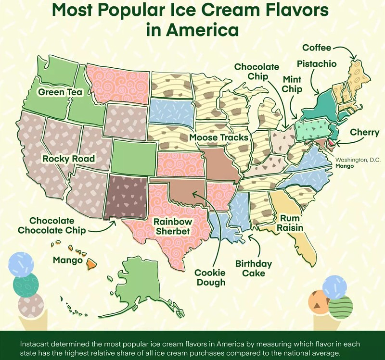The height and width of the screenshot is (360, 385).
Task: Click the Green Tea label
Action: pyautogui.click(x=59, y=92)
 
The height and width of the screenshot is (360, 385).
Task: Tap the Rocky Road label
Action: pyautogui.click(x=68, y=159)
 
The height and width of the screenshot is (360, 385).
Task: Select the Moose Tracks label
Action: pyautogui.click(x=219, y=138)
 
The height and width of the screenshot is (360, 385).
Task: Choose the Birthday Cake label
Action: pyautogui.click(x=254, y=269)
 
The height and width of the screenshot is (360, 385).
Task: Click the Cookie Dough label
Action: pyautogui.click(x=210, y=277)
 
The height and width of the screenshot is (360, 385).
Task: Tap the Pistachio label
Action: pyautogui.click(x=316, y=63)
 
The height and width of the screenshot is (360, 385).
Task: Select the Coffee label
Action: pyautogui.click(x=317, y=48)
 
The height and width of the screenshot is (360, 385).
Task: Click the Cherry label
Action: pyautogui.click(x=364, y=132)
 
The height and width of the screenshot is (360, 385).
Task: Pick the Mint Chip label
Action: pyautogui.click(x=292, y=84)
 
